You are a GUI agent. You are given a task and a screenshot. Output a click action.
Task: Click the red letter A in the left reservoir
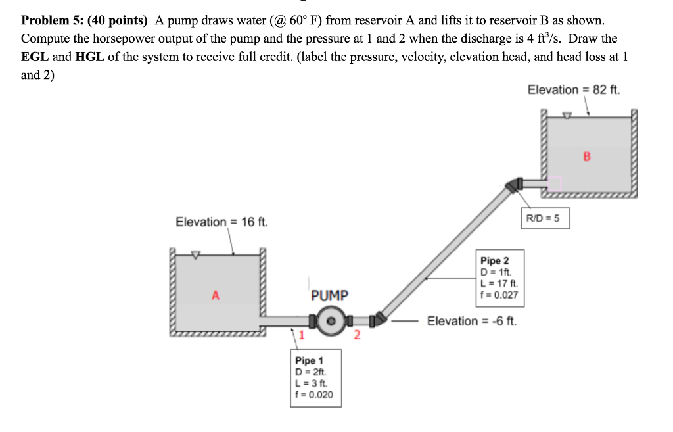point(215,295)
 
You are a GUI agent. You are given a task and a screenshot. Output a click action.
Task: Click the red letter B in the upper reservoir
point(587,156)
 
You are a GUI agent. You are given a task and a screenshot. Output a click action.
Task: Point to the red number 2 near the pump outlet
point(357,336)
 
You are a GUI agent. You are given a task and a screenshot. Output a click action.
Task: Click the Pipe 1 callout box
point(315,377)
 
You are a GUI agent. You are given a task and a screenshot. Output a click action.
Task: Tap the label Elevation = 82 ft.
point(574,89)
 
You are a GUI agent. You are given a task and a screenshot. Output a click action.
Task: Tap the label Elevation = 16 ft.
point(221,222)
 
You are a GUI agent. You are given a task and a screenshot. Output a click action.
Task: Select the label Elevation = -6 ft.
point(472,321)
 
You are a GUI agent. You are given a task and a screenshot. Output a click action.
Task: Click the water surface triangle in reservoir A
point(195,254)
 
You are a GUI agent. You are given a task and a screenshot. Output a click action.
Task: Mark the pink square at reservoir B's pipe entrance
point(555,182)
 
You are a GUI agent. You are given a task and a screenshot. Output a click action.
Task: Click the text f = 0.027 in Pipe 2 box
point(499,295)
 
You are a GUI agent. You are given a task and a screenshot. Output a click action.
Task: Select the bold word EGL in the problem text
point(34,57)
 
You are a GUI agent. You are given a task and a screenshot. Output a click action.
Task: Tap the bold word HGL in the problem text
point(90,57)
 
